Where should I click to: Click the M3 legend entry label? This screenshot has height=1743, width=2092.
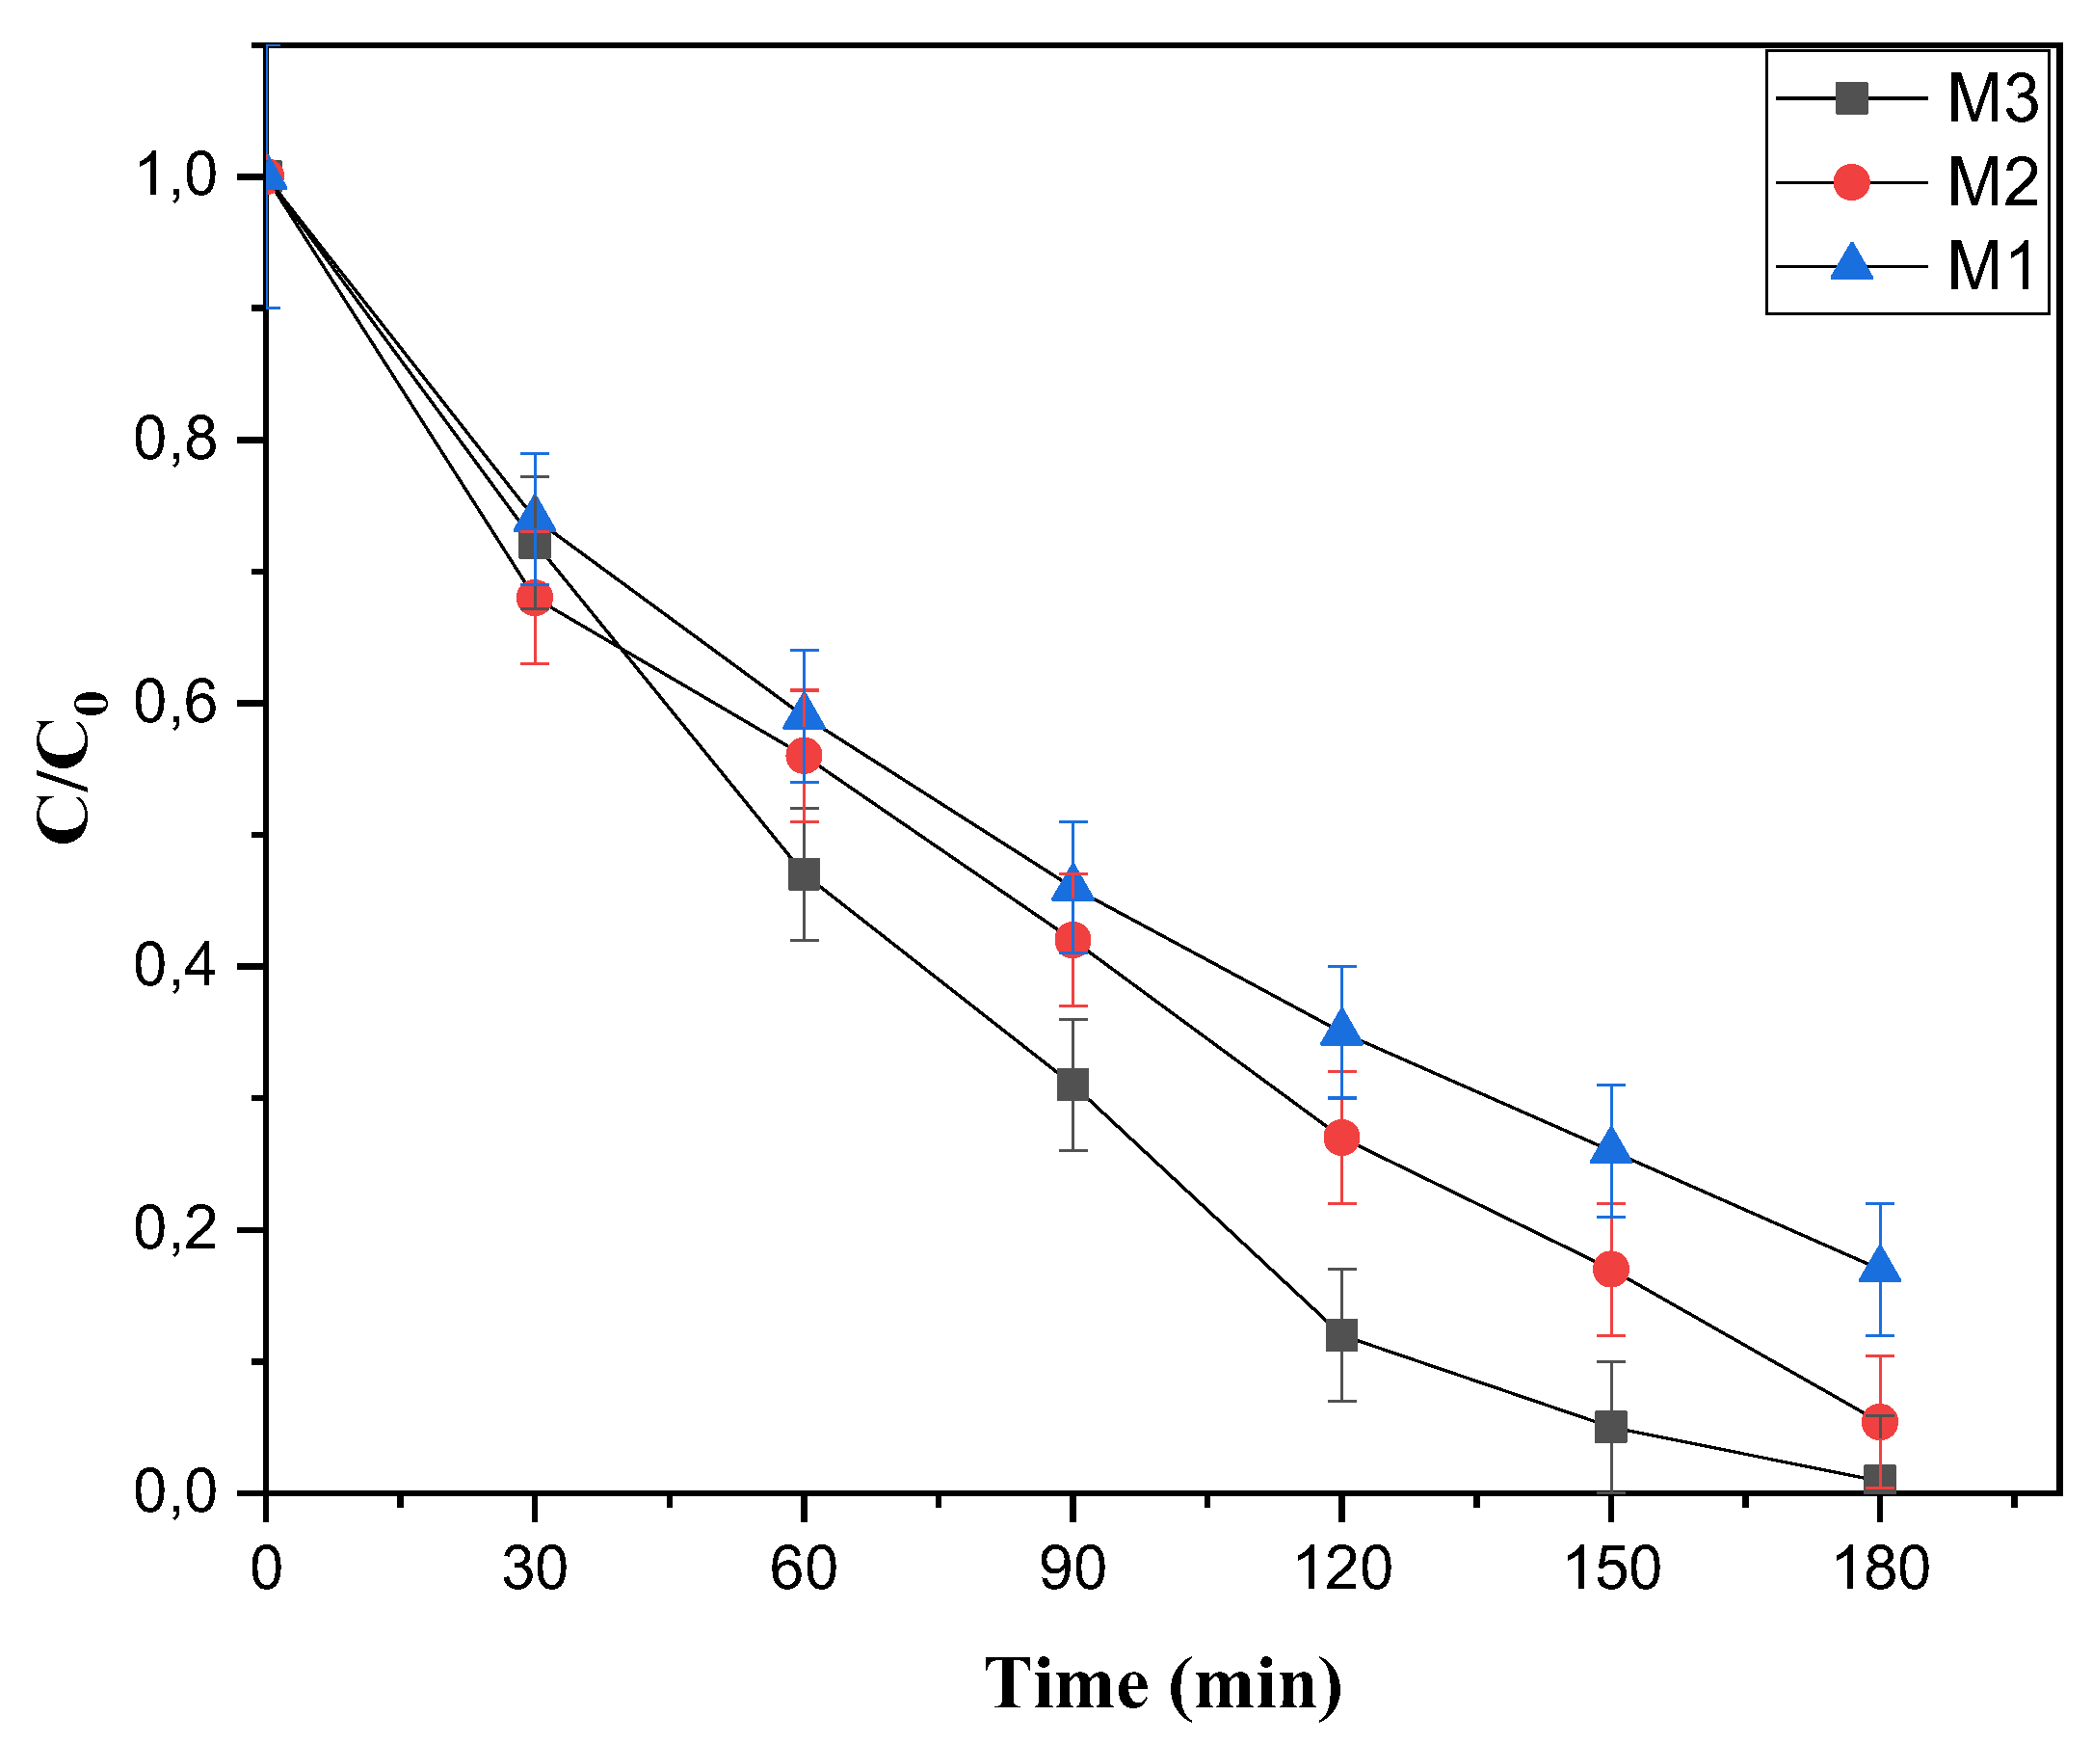point(1993,99)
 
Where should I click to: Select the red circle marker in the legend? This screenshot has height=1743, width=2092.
point(1851,182)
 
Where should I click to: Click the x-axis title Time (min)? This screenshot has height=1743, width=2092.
point(1162,1683)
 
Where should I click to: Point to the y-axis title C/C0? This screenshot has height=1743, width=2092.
point(69,766)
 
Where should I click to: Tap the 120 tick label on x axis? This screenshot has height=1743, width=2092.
point(1341,1569)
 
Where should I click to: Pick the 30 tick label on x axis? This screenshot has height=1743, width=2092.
point(534,1569)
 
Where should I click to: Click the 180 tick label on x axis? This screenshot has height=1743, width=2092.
point(1880,1569)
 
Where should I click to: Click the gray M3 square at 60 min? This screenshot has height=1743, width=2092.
point(804,875)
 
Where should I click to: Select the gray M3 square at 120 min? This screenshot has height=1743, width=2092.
point(1342,1335)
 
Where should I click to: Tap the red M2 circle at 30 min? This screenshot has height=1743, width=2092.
point(535,598)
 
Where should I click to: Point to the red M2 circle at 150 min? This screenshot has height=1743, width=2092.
point(1611,1270)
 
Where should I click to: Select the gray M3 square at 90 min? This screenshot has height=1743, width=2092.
point(1072,1085)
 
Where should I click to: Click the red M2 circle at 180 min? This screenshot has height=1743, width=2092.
point(1880,1422)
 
